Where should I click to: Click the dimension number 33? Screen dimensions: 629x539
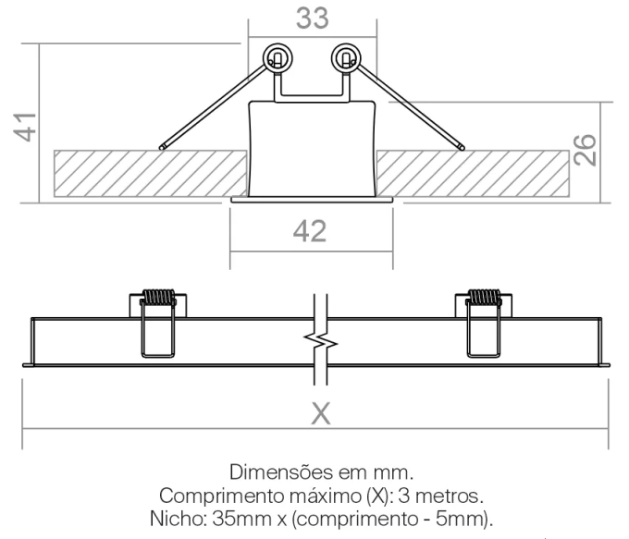[313, 18]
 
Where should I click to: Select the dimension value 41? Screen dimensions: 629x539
[25, 128]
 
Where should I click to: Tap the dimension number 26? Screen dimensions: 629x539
[585, 150]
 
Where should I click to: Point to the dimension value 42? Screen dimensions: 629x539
[310, 231]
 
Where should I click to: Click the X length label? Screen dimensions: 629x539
[321, 413]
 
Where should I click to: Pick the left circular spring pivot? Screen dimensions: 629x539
[277, 58]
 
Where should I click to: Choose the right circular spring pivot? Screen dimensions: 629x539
[346, 58]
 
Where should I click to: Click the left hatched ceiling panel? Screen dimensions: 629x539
[151, 174]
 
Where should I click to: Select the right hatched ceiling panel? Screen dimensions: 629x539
[473, 174]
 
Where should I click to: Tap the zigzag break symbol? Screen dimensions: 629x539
[321, 340]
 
